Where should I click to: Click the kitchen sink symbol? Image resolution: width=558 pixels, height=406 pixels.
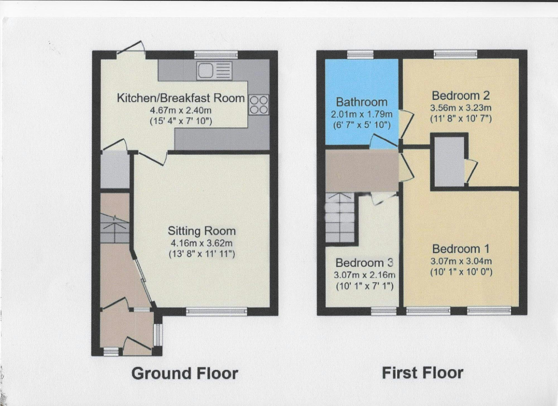tap(214, 70)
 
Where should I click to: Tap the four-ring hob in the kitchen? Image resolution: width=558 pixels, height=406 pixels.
tap(259, 105)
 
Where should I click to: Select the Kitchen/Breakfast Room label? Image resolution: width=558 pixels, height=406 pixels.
tap(181, 98)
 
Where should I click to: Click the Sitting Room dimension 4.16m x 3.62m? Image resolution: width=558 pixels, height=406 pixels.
tap(202, 243)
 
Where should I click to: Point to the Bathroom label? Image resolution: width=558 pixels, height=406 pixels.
tap(362, 102)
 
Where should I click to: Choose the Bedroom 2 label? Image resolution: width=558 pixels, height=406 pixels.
tap(461, 96)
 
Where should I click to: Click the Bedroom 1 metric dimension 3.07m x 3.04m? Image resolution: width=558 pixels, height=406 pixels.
tap(461, 261)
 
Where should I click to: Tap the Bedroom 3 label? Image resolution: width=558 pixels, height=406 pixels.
tap(364, 263)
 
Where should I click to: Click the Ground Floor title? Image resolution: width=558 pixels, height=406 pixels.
tap(185, 373)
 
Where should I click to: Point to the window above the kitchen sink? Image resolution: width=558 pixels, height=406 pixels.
tap(216, 54)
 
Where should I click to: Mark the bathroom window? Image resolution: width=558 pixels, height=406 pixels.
tap(360, 54)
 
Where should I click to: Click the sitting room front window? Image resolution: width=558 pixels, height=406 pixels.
tap(217, 312)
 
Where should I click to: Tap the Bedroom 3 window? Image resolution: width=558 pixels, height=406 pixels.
tap(384, 311)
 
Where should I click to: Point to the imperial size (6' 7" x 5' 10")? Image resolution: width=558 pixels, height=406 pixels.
tap(362, 125)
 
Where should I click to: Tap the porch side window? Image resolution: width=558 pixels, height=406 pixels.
tap(158, 334)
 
